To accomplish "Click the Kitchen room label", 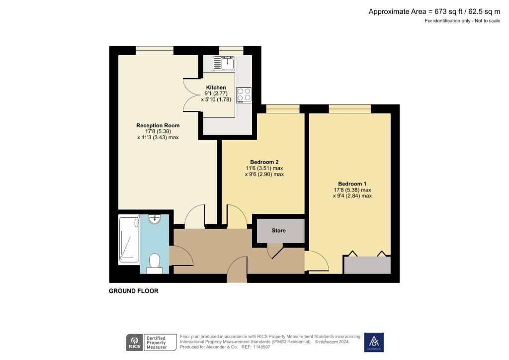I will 216,88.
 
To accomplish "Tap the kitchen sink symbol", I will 223,64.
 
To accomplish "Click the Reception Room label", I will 158,125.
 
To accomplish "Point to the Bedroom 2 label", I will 264,162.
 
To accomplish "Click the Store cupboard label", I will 278,231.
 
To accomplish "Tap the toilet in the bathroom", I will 155,263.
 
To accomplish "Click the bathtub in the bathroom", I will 129,239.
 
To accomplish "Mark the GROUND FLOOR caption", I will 134,291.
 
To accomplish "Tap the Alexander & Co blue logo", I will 374,342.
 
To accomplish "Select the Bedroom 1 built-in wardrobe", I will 367,265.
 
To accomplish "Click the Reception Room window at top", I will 155,50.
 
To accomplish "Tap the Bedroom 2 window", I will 282,109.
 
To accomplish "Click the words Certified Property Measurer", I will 160,342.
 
